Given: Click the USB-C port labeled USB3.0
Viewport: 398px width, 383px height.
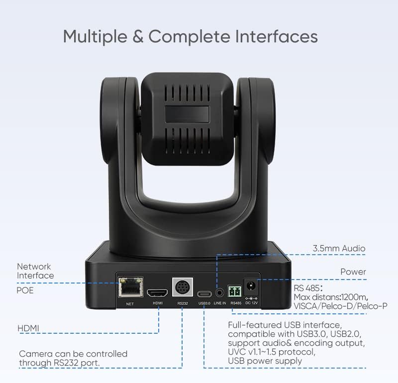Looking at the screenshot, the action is pyautogui.click(x=204, y=292).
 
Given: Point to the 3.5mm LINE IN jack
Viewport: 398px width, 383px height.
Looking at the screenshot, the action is pyautogui.click(x=219, y=291).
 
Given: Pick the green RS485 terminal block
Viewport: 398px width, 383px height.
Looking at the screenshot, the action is pyautogui.click(x=235, y=290).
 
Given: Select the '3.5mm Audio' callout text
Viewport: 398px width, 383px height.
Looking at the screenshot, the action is pyautogui.click(x=339, y=248).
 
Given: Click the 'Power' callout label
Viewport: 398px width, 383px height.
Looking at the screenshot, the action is pyautogui.click(x=353, y=272).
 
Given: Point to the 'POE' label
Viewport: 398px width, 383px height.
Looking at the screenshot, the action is pyautogui.click(x=25, y=290).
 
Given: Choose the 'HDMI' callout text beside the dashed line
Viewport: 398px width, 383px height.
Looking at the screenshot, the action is pyautogui.click(x=28, y=328).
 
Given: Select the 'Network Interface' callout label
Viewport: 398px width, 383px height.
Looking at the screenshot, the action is pyautogui.click(x=35, y=271).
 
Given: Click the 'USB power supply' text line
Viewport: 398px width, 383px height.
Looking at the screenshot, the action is pyautogui.click(x=265, y=361).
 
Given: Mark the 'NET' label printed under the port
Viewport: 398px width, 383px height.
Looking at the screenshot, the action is pyautogui.click(x=130, y=303).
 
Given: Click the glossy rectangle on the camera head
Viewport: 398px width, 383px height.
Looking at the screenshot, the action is pyautogui.click(x=188, y=113).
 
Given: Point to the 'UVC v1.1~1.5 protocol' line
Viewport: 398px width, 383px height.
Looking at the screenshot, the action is pyautogui.click(x=271, y=352).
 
